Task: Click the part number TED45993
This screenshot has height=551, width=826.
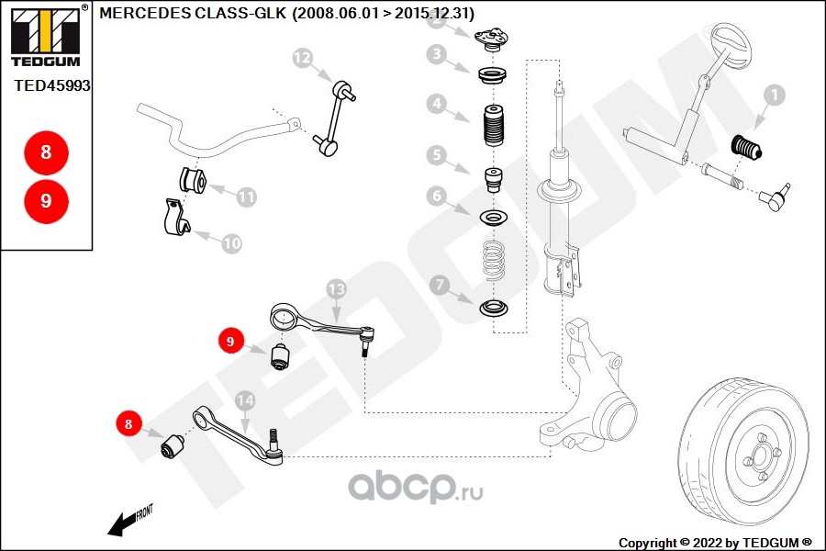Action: click(x=52, y=85)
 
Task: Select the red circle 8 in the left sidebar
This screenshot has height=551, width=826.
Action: click(x=47, y=152)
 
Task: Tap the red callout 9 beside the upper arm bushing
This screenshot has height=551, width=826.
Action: click(x=230, y=341)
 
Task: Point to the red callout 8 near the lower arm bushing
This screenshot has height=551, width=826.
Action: click(x=128, y=423)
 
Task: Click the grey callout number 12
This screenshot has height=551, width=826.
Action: click(x=302, y=58)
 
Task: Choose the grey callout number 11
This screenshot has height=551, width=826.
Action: click(x=246, y=197)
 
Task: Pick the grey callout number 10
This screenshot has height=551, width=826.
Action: click(x=231, y=243)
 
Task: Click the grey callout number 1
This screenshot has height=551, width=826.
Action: click(x=774, y=95)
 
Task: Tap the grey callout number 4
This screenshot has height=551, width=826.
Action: click(x=437, y=104)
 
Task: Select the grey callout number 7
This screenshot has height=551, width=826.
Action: click(x=440, y=286)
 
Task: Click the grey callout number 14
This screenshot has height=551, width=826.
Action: click(x=245, y=400)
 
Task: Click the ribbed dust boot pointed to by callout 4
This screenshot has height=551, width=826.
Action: click(x=494, y=126)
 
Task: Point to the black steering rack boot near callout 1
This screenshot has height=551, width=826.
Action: click(x=746, y=147)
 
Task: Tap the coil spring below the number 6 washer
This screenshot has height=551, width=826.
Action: click(x=493, y=261)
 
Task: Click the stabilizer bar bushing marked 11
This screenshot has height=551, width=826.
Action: click(x=193, y=180)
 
